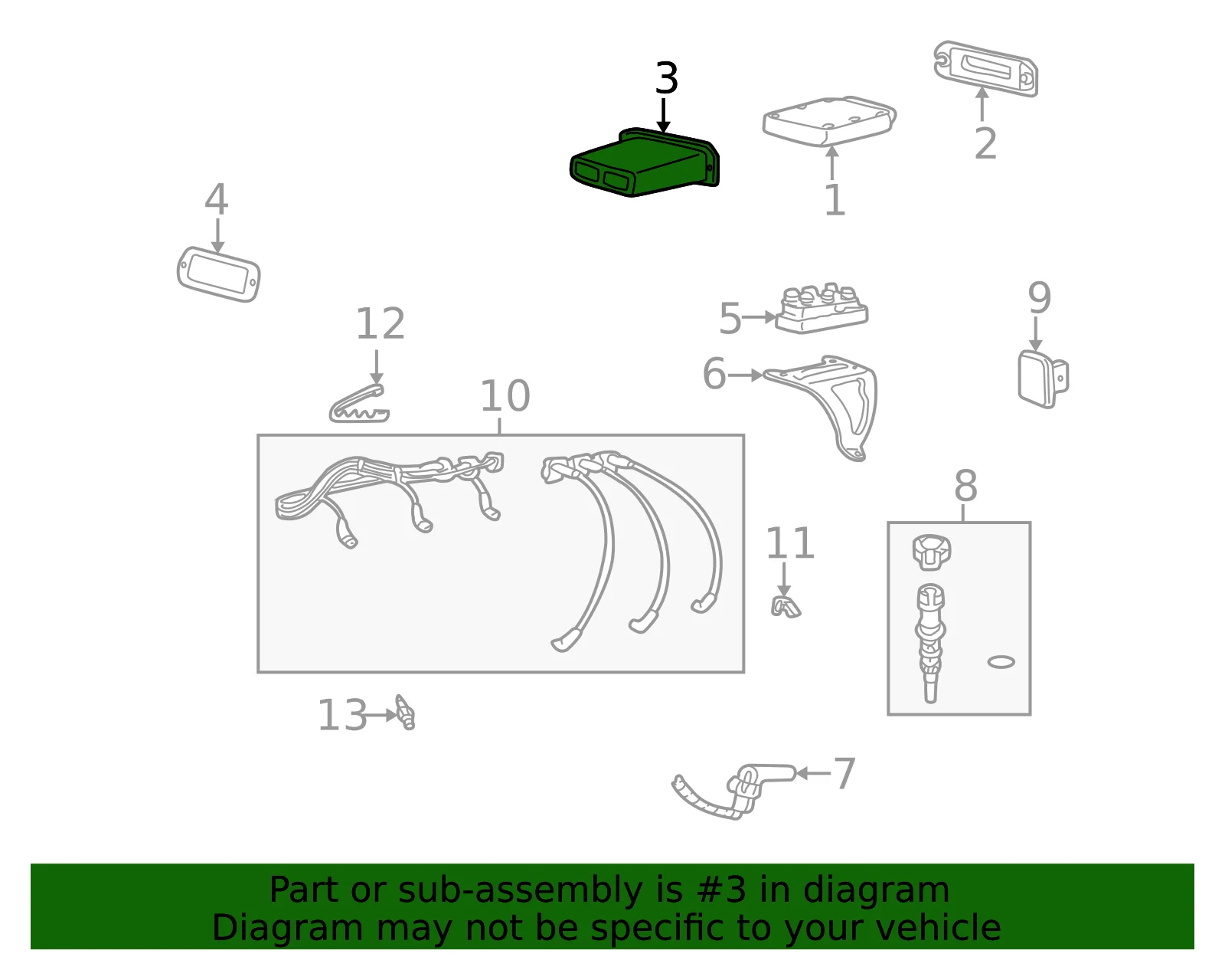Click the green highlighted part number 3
(645, 162)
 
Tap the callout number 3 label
(666, 78)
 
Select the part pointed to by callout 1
(828, 120)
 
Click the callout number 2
(985, 143)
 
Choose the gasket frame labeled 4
(219, 274)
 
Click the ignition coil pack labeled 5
(822, 309)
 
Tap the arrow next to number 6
(745, 375)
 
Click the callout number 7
(844, 774)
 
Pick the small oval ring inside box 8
(1001, 662)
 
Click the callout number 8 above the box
(965, 485)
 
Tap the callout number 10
(505, 396)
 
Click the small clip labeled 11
(786, 607)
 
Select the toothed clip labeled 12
(359, 405)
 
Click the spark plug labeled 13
(405, 713)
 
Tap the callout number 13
(343, 715)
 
